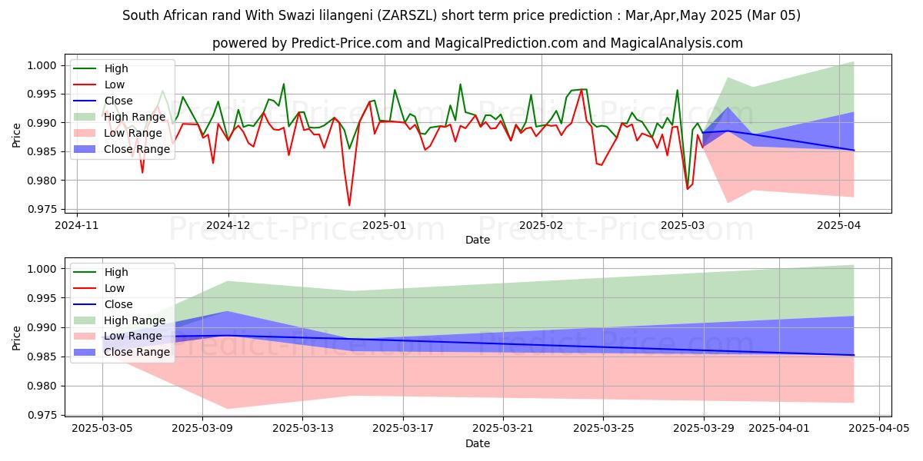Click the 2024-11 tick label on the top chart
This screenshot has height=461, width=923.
(77, 225)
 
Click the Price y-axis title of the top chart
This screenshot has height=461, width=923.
(16, 134)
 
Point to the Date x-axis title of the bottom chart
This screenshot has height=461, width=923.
(478, 443)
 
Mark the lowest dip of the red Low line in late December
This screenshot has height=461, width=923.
(349, 205)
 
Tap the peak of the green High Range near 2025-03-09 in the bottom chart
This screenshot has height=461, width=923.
(228, 281)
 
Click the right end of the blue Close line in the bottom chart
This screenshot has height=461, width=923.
(854, 355)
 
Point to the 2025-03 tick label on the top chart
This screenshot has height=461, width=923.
(682, 225)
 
